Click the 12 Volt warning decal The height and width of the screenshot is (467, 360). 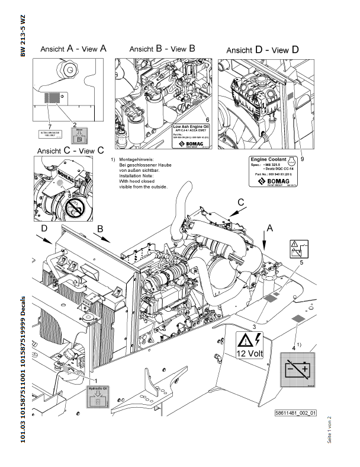(x=249, y=345)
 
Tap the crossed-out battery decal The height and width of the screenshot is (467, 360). (x=297, y=370)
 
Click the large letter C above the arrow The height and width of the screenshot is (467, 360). (x=241, y=203)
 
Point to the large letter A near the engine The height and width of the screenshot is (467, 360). (x=270, y=227)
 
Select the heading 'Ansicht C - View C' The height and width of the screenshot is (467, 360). (x=69, y=151)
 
